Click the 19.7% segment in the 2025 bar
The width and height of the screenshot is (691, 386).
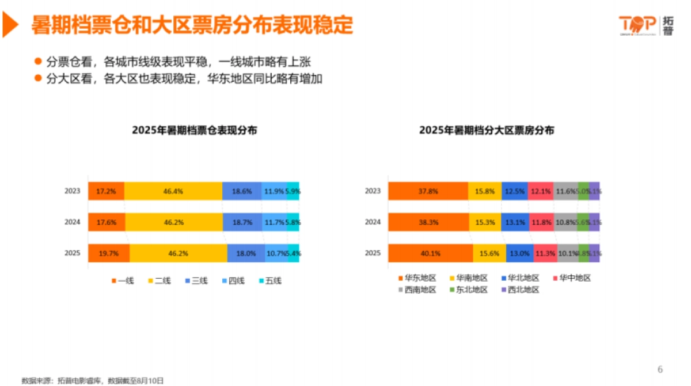109,253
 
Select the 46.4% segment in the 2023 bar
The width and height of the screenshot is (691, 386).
173,191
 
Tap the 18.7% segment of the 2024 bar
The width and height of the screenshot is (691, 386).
242,222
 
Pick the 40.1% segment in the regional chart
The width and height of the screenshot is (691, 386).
430,253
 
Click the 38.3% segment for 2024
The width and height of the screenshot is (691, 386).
428,222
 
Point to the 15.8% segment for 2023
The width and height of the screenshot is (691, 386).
484,191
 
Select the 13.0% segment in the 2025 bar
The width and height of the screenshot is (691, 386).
519,253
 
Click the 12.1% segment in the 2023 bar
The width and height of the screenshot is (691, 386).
540,191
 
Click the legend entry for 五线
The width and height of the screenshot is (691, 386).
270,281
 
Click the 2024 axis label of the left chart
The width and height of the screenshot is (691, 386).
73,222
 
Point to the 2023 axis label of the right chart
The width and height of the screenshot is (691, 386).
373,191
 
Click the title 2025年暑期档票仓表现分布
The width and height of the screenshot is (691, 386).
195,130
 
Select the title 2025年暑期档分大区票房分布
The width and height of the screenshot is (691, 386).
487,130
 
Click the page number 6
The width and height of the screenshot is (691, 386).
660,369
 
